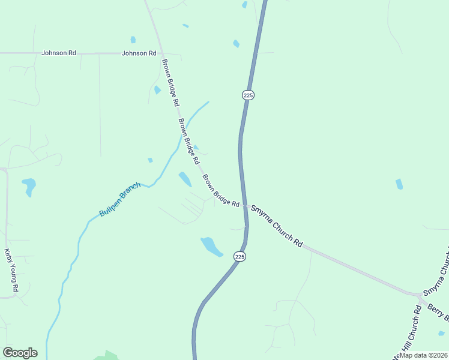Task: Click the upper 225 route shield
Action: [249, 95]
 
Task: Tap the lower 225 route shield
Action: [240, 257]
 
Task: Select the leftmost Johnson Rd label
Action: [58, 53]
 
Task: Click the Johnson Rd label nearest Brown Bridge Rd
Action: [139, 53]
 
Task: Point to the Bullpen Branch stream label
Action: [119, 199]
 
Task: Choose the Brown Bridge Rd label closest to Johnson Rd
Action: [170, 82]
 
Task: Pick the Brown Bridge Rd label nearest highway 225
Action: [221, 191]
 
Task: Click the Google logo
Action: [20, 353]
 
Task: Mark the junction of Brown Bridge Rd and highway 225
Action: [246, 207]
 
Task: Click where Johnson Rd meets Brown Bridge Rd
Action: [160, 53]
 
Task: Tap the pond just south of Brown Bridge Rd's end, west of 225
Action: [210, 245]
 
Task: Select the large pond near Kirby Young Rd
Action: [28, 185]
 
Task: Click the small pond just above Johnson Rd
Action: [133, 40]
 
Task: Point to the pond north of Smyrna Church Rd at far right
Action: [399, 184]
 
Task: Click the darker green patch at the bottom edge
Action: [107, 355]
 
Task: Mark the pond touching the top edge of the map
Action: [244, 4]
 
